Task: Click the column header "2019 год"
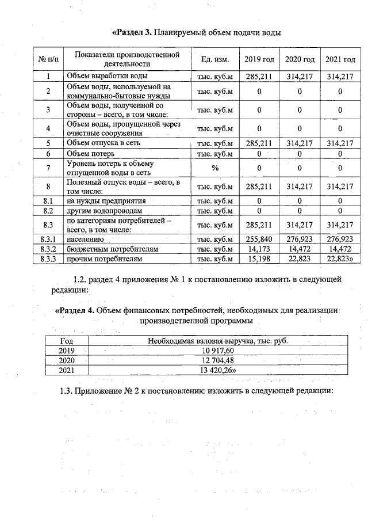[x=259, y=60]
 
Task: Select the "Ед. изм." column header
[x=215, y=60]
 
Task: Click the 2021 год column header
[x=340, y=60]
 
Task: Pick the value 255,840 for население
[x=259, y=238]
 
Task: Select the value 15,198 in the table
[x=259, y=259]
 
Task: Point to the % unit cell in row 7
[x=215, y=168]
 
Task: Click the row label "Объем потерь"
[x=90, y=154]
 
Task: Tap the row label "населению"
[x=86, y=238]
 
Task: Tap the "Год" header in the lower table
[x=67, y=340]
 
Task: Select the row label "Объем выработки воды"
[x=107, y=76]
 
